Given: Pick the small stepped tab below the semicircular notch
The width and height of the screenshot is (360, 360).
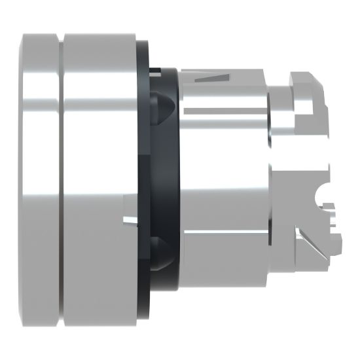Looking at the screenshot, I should (x=333, y=219).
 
